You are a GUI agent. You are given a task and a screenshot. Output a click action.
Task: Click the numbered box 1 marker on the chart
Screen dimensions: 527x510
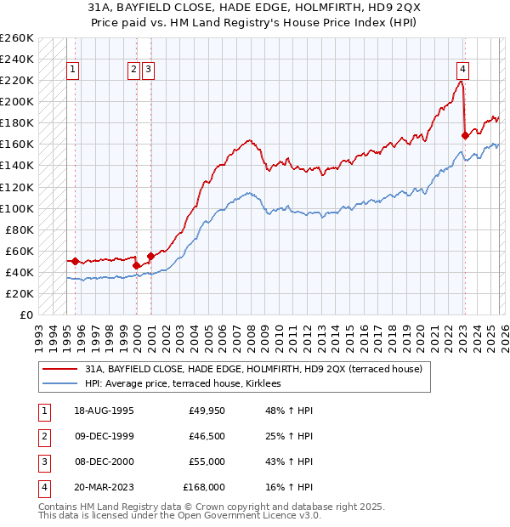(73, 70)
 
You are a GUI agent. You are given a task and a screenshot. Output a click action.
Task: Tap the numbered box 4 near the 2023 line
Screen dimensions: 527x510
(462, 70)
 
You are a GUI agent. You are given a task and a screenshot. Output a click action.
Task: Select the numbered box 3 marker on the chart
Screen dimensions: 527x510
(148, 70)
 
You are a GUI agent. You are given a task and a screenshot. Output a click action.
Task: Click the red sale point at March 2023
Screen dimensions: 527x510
(465, 135)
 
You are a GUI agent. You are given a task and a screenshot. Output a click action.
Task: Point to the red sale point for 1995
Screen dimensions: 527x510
(76, 261)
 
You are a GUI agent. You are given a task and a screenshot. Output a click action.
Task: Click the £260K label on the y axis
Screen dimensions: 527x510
(17, 38)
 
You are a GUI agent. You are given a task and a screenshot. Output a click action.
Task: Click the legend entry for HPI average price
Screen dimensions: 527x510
(188, 384)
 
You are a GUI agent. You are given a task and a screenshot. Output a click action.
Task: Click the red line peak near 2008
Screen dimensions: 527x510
(248, 140)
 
